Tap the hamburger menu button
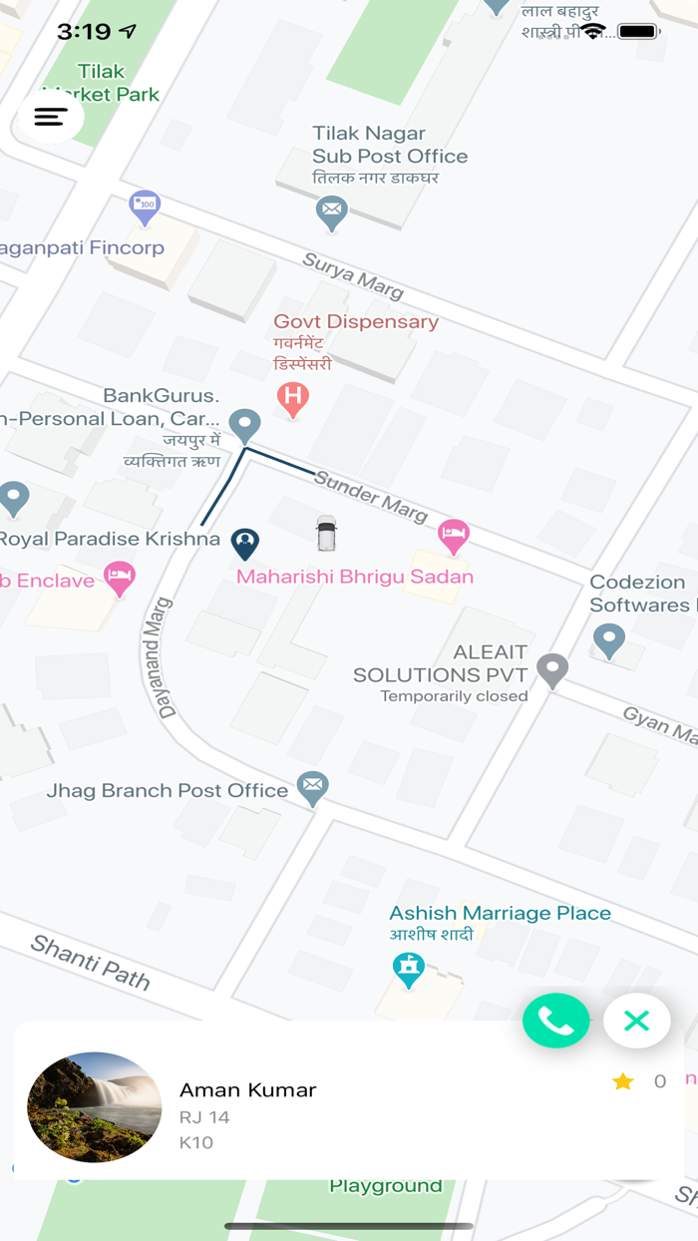point(51,117)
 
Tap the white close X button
point(636,1021)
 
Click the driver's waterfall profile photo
point(95,1107)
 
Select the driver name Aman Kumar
point(247,1089)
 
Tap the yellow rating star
point(623,1081)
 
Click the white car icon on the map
point(326,534)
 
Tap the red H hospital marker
point(292,398)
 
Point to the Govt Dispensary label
point(356,321)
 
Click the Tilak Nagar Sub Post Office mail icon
point(331,211)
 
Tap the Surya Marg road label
point(353,274)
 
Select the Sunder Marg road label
point(371,495)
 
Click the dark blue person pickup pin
point(245,543)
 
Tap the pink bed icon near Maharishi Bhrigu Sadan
point(454,535)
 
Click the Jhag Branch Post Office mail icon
point(313,787)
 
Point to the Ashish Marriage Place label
point(500,913)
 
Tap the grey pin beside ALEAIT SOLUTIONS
point(552,669)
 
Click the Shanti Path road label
point(90,962)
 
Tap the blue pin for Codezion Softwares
point(609,638)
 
